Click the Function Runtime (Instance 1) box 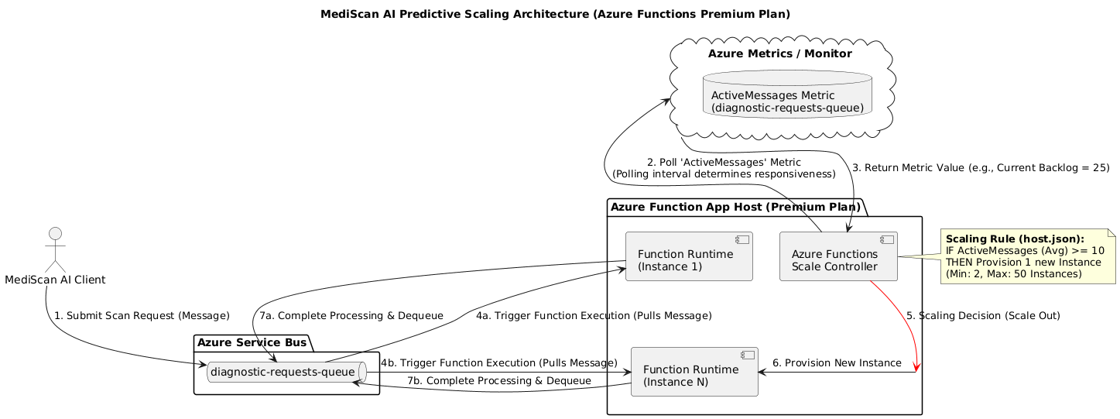coord(689,256)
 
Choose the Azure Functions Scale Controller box coord(837,256)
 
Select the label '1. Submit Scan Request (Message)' coord(142,316)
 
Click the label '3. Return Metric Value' coord(980,168)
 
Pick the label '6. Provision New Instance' coord(837,363)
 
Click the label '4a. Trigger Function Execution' coord(594,316)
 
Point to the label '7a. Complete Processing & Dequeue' coord(351,316)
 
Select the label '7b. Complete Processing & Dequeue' coord(499,381)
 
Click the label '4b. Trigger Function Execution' coord(498,363)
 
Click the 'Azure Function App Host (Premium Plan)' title coord(735,207)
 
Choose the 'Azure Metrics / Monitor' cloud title coord(779,54)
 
